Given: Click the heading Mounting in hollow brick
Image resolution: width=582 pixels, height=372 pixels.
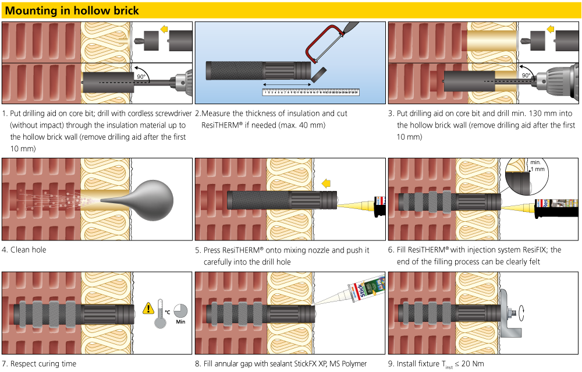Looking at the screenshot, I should [x=72, y=10].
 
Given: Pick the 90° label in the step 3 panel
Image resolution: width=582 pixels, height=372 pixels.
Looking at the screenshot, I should [x=526, y=76].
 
